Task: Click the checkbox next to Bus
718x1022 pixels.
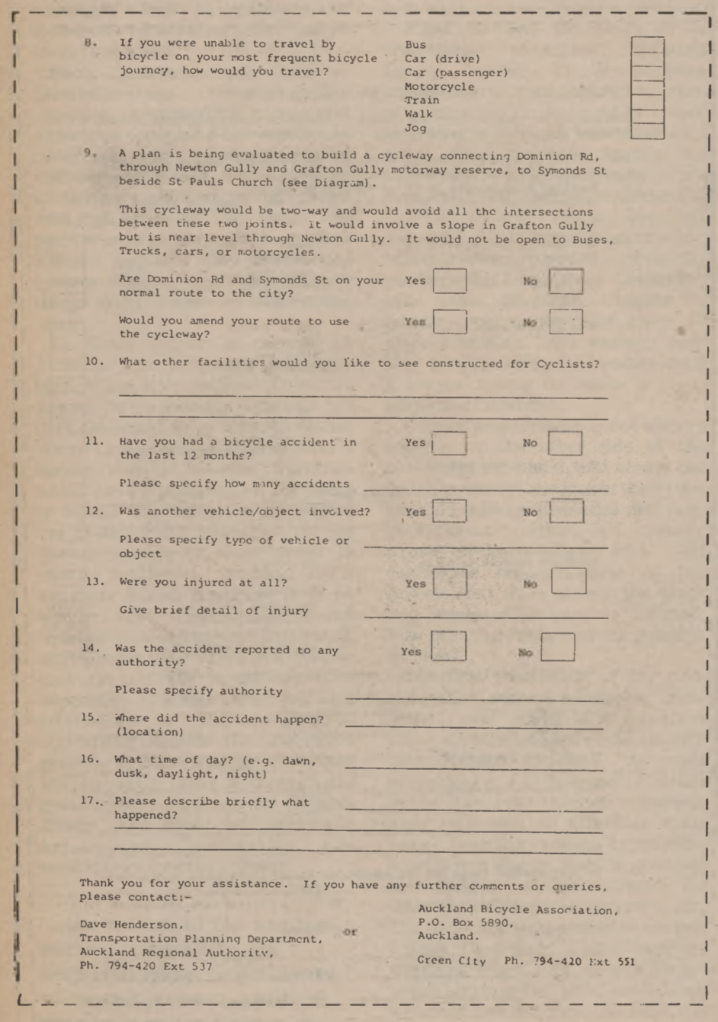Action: tap(647, 45)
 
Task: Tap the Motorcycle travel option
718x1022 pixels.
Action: tap(439, 87)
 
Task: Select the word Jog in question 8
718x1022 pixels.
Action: tap(415, 128)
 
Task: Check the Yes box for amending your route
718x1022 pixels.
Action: tap(450, 321)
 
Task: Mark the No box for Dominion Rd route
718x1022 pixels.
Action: tap(566, 281)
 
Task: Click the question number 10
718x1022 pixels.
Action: tap(95, 362)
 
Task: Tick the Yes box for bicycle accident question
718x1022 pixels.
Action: tap(450, 442)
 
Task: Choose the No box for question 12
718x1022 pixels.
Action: tap(566, 511)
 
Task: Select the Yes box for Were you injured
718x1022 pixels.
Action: tap(450, 583)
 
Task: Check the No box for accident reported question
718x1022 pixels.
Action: tap(558, 648)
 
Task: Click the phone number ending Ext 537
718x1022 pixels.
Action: tap(146, 966)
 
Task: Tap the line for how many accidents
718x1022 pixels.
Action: tap(486, 486)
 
